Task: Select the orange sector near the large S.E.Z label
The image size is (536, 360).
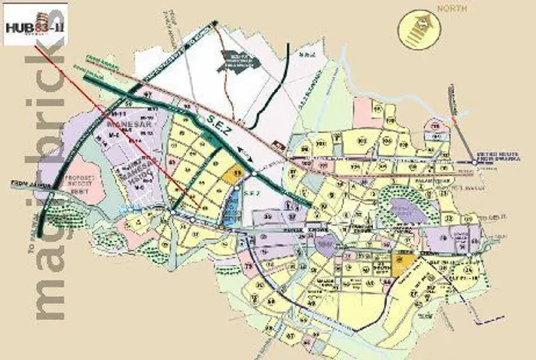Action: click(x=236, y=173)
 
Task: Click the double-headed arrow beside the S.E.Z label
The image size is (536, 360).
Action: click(x=245, y=149)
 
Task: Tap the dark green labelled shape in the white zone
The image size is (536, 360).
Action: click(x=240, y=59)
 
